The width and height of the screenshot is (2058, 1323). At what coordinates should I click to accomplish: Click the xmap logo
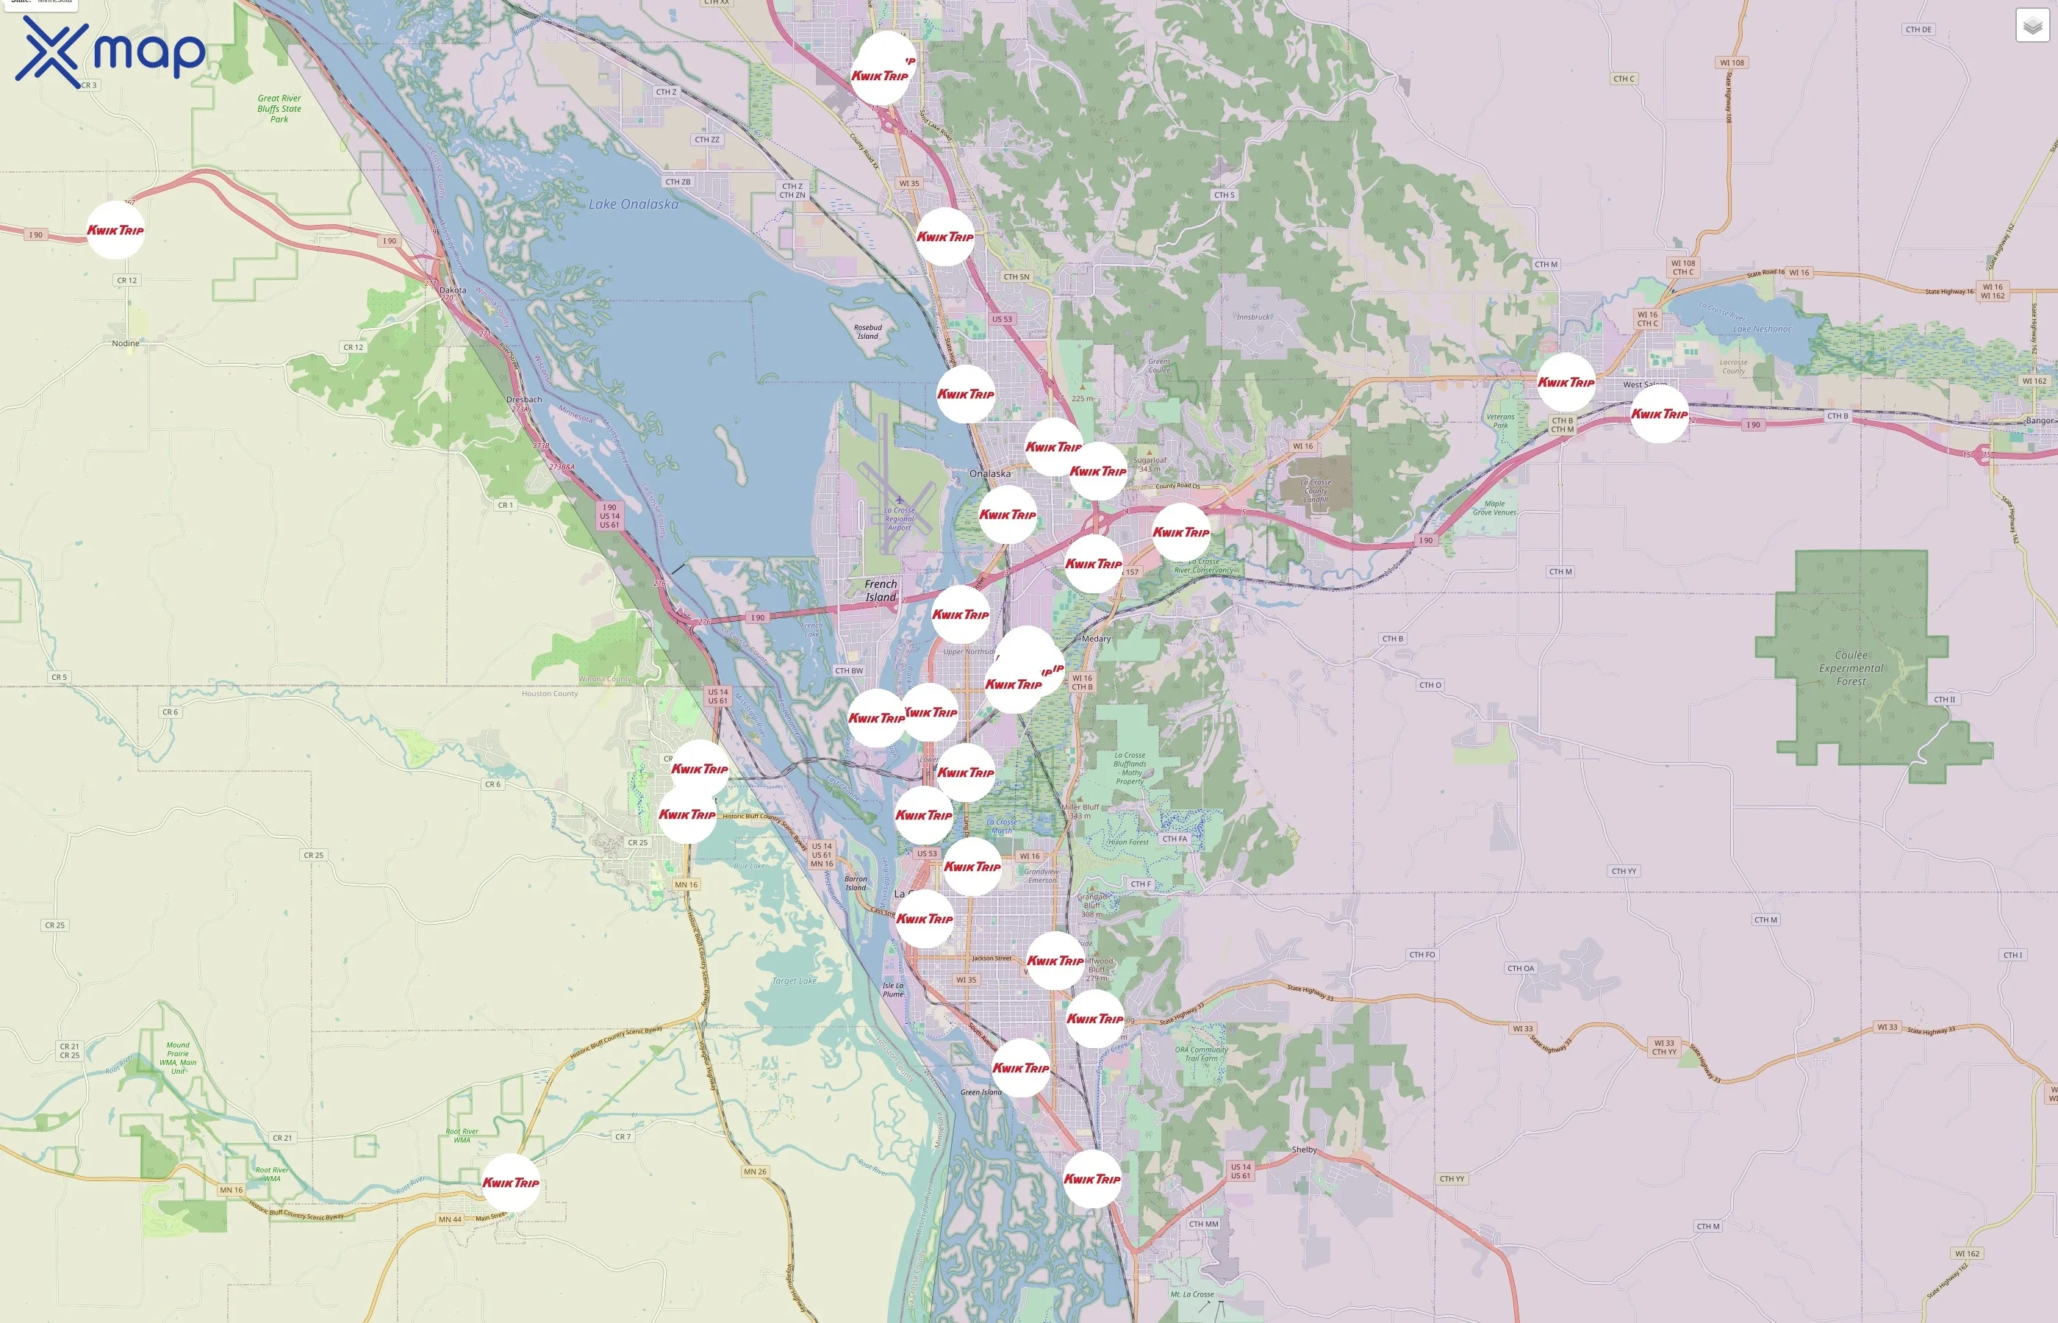[110, 51]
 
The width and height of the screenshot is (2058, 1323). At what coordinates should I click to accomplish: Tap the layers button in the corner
[2032, 26]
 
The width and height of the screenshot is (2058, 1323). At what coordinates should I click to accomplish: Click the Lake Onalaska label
[633, 204]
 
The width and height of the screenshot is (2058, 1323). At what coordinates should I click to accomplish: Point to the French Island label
[881, 590]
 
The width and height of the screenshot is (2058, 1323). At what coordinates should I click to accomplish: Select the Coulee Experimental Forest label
[1851, 668]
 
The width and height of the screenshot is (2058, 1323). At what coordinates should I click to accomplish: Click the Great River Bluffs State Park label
[279, 108]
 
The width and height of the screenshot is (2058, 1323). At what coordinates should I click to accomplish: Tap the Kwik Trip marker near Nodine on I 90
[115, 230]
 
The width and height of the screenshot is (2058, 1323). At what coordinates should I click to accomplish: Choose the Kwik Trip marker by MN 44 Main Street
[510, 1182]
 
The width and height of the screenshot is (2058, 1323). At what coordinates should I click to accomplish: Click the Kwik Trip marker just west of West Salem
[1565, 382]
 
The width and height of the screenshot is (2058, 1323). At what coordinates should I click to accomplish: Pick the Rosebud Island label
[867, 331]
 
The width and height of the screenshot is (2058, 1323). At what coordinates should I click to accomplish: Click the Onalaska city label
[989, 473]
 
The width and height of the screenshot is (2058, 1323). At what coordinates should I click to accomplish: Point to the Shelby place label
[1304, 1150]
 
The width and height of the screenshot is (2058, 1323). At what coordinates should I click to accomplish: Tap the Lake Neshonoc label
[1762, 329]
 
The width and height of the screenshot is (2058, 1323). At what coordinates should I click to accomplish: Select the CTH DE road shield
[1918, 29]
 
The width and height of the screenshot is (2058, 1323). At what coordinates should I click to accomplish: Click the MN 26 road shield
[755, 1172]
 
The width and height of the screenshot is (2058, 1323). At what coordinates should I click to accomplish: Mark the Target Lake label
[794, 981]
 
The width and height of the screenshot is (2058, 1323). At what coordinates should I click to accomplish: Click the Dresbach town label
[524, 400]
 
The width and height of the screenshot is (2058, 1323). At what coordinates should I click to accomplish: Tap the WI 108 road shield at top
[1732, 62]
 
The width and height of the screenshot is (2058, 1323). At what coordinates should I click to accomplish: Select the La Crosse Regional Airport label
[900, 519]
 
